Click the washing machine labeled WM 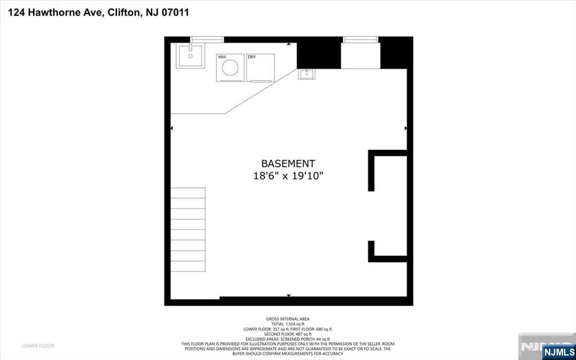tap(229, 68)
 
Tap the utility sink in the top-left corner tap(190, 56)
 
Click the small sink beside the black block tap(307, 74)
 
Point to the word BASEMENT tap(287, 164)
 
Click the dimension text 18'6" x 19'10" tap(287, 176)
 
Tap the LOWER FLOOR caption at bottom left tap(38, 345)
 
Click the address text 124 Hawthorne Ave tap(54, 12)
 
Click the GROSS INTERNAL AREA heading tap(287, 319)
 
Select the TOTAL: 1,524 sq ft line tap(287, 324)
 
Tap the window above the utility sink tap(207, 40)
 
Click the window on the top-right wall tap(361, 40)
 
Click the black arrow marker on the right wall tap(406, 129)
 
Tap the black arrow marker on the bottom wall tap(289, 295)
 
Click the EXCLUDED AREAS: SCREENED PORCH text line tap(287, 339)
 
